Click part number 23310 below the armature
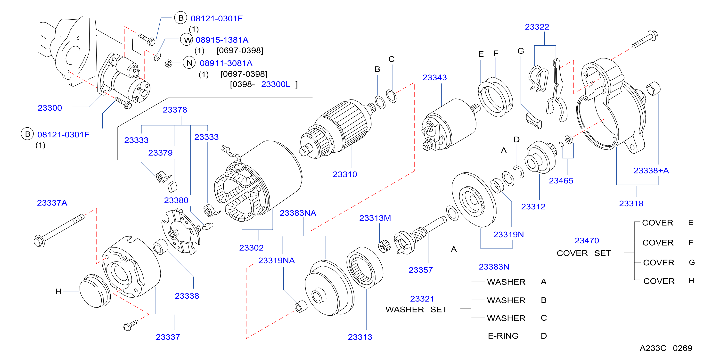tap(345, 174)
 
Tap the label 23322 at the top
tap(537, 27)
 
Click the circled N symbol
tap(189, 63)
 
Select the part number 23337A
tap(52, 203)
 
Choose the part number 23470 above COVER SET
tap(586, 240)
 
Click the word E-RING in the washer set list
tap(503, 336)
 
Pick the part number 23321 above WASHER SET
tap(422, 299)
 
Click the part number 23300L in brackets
tap(275, 84)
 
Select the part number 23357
tap(420, 270)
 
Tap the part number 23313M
tap(375, 218)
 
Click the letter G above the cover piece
tap(520, 51)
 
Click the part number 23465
tap(561, 181)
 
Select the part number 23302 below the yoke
tap(251, 248)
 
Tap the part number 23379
tap(160, 153)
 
